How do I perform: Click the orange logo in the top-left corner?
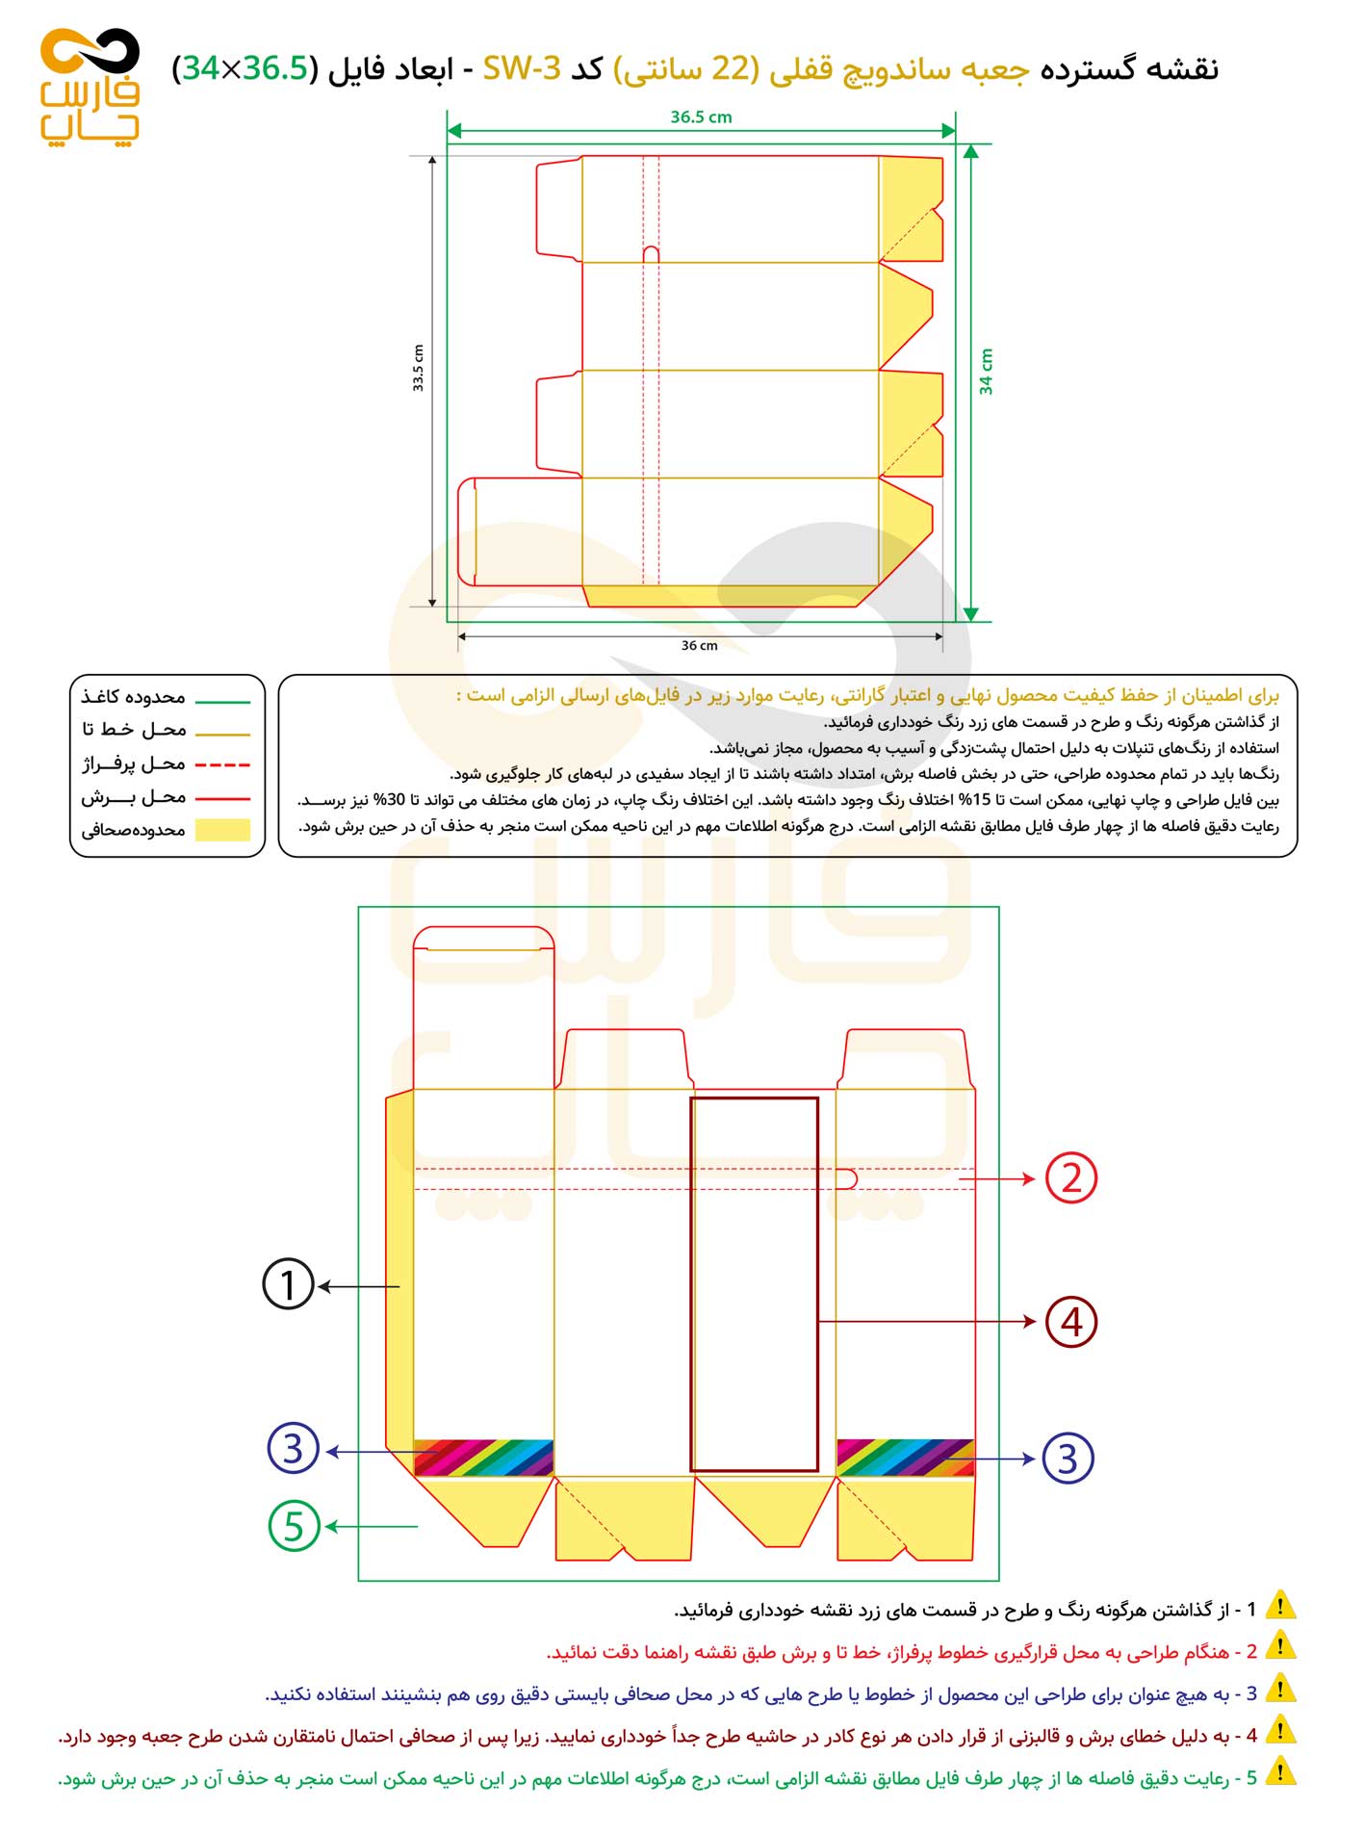click(x=90, y=87)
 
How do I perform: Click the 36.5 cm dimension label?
click(x=701, y=117)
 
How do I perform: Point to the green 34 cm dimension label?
click(x=986, y=372)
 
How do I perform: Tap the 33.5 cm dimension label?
click(x=419, y=368)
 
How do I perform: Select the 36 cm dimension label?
click(x=699, y=646)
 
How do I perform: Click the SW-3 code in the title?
click(x=521, y=69)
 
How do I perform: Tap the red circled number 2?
click(x=1070, y=1177)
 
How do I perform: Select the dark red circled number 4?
click(x=1070, y=1322)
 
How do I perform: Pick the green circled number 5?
click(x=294, y=1526)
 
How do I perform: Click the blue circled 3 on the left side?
click(x=294, y=1449)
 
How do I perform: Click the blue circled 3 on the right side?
click(x=1068, y=1459)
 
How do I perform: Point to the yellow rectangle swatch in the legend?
click(x=222, y=830)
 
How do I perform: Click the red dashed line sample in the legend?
click(x=222, y=765)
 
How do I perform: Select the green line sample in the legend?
click(x=222, y=701)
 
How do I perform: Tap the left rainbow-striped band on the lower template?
click(x=483, y=1458)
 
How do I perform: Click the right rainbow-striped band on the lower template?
click(x=905, y=1458)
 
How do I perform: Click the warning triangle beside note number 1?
click(x=1280, y=1607)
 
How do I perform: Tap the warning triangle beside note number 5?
click(x=1280, y=1772)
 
